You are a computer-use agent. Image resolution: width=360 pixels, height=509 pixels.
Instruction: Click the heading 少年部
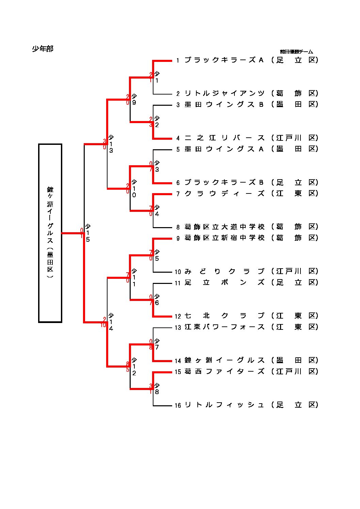click(43, 49)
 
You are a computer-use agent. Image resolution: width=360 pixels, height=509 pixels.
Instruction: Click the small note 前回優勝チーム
click(296, 52)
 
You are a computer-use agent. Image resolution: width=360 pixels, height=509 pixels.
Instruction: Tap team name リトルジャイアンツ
click(224, 94)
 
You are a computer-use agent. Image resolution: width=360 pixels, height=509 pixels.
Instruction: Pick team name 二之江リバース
click(224, 138)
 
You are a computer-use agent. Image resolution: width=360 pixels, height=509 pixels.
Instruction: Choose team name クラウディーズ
click(224, 193)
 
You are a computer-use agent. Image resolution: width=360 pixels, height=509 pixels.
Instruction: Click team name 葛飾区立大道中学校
click(224, 227)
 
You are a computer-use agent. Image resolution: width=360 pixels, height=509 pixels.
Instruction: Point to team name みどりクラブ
click(224, 271)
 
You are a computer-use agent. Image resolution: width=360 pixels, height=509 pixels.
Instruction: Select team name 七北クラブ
click(224, 316)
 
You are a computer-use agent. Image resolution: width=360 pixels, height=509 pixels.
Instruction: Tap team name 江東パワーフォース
click(224, 327)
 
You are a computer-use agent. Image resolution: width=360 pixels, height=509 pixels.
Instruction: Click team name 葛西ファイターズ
click(224, 372)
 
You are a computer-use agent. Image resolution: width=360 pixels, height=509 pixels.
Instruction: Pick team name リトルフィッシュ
click(224, 405)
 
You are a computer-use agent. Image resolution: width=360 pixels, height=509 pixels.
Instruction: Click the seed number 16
click(178, 405)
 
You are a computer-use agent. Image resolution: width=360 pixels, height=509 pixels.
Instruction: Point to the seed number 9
click(178, 238)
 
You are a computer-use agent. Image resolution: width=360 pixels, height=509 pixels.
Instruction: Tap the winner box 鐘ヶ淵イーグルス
click(50, 233)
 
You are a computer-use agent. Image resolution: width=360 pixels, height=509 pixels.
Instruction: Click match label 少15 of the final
click(87, 233)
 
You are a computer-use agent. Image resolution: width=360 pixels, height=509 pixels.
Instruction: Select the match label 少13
click(111, 144)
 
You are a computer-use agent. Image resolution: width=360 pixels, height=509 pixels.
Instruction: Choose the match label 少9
click(134, 99)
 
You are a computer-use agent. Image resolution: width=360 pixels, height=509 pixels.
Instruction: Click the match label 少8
click(157, 389)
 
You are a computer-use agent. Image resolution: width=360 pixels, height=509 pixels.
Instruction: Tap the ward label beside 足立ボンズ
click(295, 283)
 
